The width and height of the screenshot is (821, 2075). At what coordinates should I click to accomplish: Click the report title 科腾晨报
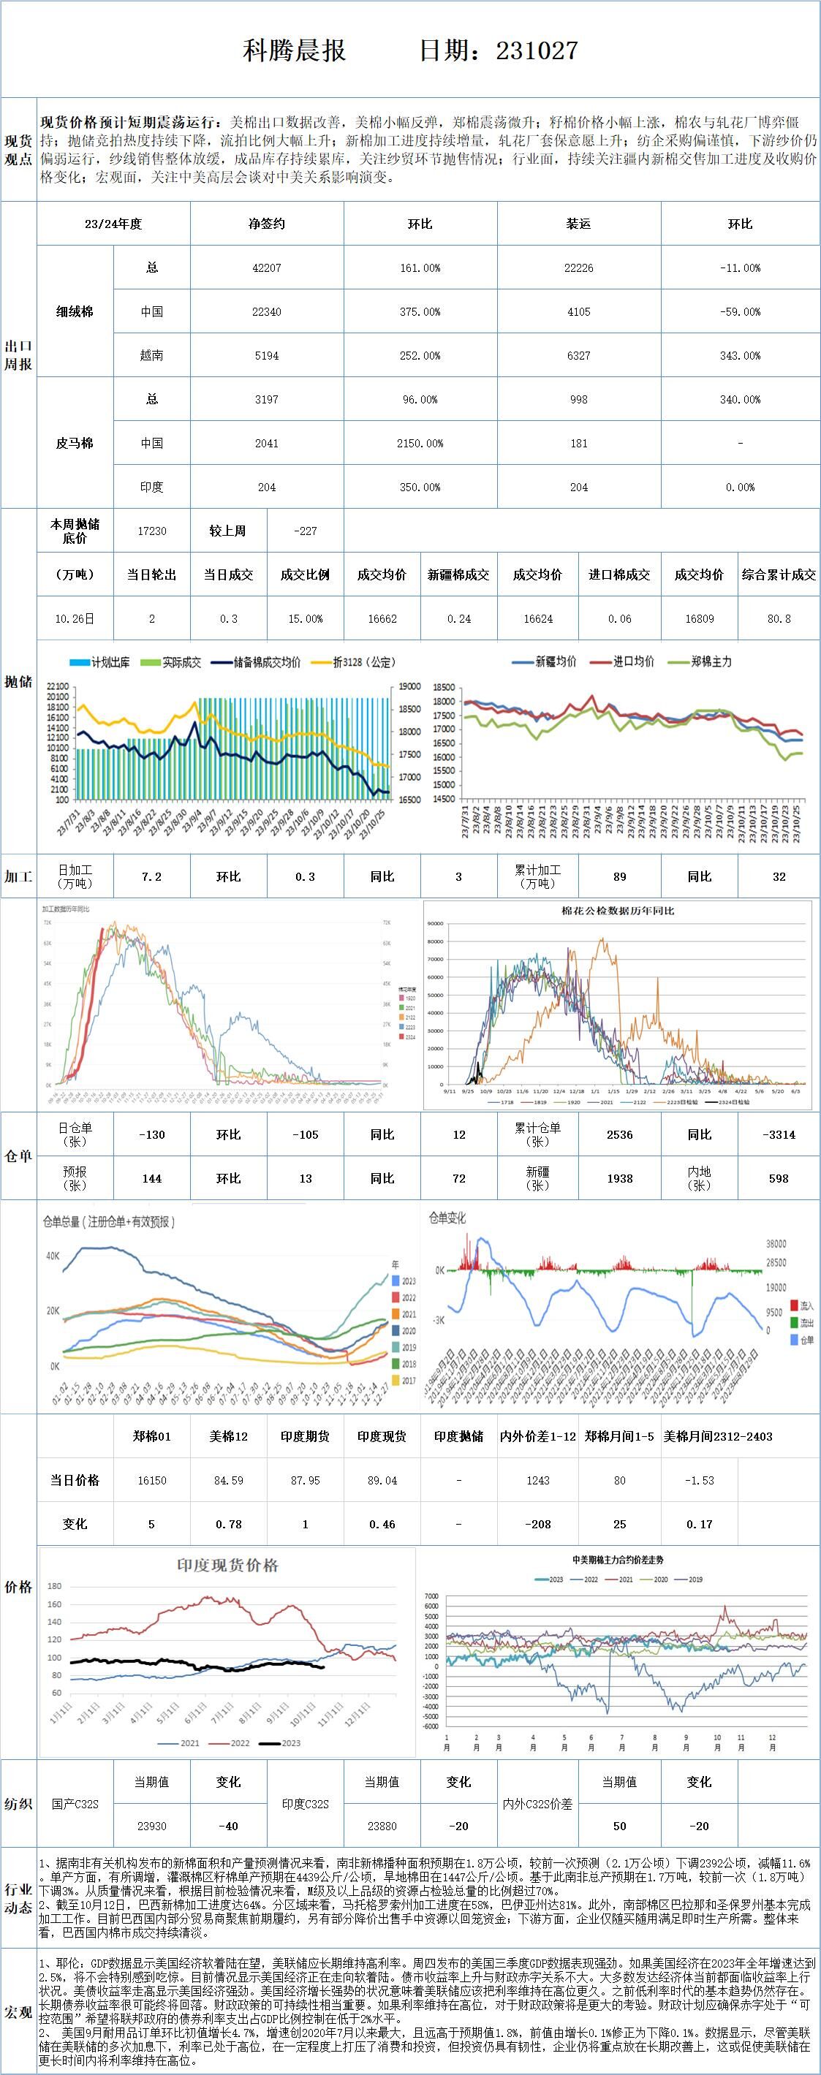pyautogui.click(x=294, y=50)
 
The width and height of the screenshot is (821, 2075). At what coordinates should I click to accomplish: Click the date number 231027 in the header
pyautogui.click(x=537, y=50)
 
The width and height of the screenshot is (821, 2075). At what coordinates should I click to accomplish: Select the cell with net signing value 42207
pyautogui.click(x=267, y=268)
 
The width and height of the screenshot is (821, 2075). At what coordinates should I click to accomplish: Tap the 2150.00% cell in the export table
pyautogui.click(x=420, y=443)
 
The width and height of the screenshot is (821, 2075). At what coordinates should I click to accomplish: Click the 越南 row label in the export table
pyautogui.click(x=151, y=355)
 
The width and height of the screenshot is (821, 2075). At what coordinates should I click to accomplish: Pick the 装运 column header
pyautogui.click(x=578, y=224)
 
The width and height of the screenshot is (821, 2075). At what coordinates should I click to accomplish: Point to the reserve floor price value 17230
pyautogui.click(x=151, y=531)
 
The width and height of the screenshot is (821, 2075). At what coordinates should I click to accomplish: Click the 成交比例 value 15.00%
pyautogui.click(x=305, y=618)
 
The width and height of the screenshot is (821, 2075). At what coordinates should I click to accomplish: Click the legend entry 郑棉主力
pyautogui.click(x=711, y=661)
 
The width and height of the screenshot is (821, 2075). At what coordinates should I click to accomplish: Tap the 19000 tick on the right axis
pyautogui.click(x=409, y=687)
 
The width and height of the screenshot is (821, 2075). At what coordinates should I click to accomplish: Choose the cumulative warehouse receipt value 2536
pyautogui.click(x=619, y=1134)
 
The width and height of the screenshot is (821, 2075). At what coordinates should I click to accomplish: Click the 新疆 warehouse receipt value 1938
pyautogui.click(x=619, y=1177)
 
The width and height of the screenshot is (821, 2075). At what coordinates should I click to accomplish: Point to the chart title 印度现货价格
pyautogui.click(x=227, y=1565)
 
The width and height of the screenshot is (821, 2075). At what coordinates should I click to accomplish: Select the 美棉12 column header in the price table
pyautogui.click(x=228, y=1436)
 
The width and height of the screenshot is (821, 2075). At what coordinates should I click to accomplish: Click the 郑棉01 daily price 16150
pyautogui.click(x=151, y=1480)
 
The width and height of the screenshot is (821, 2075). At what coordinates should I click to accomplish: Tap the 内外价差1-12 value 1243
pyautogui.click(x=537, y=1480)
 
